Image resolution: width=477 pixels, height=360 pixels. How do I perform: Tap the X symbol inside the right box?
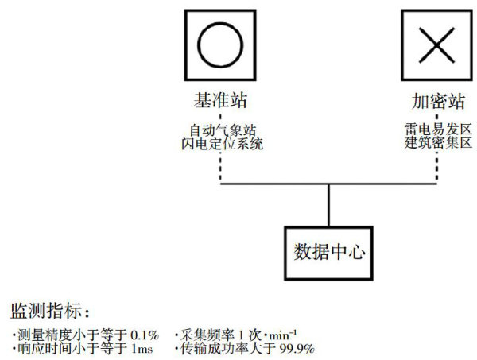pyautogui.click(x=435, y=46)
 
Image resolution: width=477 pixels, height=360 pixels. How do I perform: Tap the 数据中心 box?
pyautogui.click(x=328, y=253)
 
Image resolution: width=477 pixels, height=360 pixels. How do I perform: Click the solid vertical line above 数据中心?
pyautogui.click(x=328, y=205)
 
